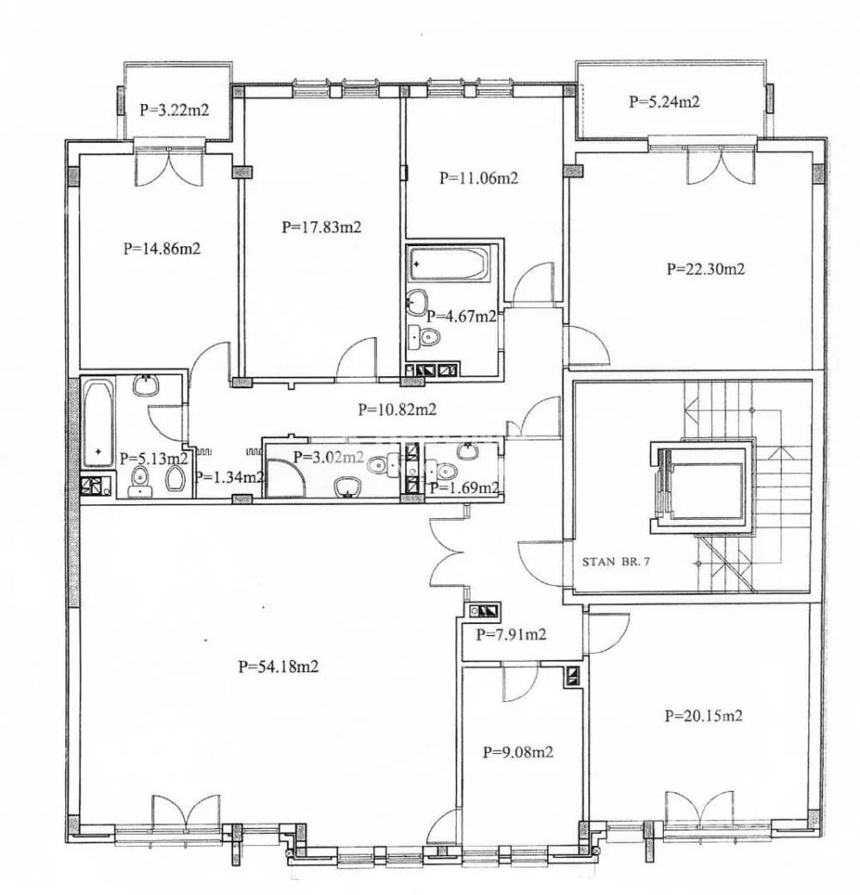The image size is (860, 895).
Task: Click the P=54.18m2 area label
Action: coord(279,666)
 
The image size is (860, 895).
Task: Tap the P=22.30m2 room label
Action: coord(705,268)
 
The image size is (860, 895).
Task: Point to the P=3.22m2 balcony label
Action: coord(175,109)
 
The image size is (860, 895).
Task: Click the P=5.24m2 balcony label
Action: coord(665,102)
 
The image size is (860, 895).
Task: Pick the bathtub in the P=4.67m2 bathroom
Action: coord(449,263)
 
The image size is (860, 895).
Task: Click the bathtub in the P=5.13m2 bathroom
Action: coord(99,423)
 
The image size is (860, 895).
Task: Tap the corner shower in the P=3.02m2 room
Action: coord(286,478)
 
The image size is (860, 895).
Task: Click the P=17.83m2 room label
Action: coord(322,227)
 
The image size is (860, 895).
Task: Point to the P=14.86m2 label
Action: coord(162,249)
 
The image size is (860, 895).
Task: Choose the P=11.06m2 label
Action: coord(478,178)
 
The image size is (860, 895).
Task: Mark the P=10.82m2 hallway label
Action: coord(397,410)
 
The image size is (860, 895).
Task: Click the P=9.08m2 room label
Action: coord(518,752)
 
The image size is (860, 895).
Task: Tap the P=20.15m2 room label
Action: coord(703,715)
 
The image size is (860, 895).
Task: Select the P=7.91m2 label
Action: coord(511,634)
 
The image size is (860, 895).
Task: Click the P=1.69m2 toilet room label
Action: coord(464,488)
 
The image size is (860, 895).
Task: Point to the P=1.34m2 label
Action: coord(229,477)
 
